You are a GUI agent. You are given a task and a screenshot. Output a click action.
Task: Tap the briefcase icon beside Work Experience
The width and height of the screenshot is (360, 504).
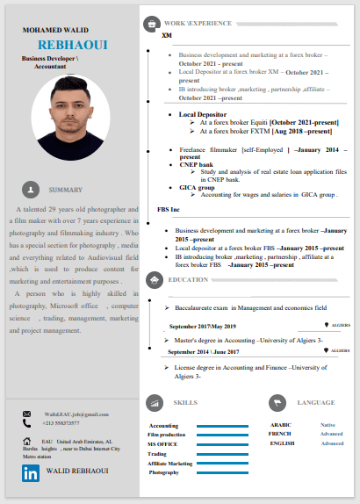pyautogui.click(x=152, y=23)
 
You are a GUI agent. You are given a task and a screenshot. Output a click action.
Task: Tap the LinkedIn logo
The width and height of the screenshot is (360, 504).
pyautogui.click(x=31, y=473)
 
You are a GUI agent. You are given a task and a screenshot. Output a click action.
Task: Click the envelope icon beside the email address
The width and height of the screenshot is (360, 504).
pyautogui.click(x=26, y=414)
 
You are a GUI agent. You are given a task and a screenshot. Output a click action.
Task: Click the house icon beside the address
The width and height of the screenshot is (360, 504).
pyautogui.click(x=27, y=441)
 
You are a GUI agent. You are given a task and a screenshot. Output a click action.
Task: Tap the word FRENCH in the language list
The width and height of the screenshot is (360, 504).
pyautogui.click(x=280, y=434)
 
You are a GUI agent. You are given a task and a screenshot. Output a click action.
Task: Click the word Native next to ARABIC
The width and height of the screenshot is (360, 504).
pyautogui.click(x=327, y=424)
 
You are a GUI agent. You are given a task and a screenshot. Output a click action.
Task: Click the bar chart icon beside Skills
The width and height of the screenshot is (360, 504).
pyautogui.click(x=154, y=402)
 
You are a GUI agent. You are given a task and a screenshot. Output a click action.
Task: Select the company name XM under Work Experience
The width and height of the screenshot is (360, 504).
pyautogui.click(x=167, y=36)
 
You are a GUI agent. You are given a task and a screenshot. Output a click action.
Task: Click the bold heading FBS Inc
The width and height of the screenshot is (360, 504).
pyautogui.click(x=169, y=211)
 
